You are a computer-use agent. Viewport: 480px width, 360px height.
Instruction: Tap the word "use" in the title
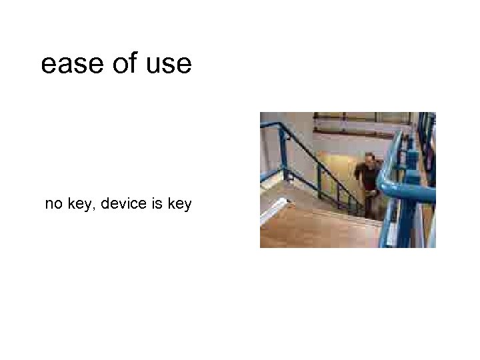tap(169, 65)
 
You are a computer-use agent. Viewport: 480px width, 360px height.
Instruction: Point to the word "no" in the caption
tap(53, 204)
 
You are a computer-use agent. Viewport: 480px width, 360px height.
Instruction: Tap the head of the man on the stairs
tap(369, 159)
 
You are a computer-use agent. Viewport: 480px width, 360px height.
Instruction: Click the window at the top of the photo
tap(360, 124)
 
